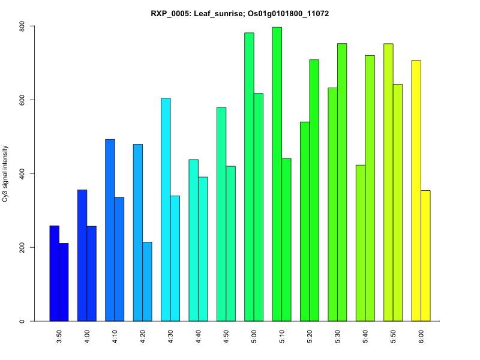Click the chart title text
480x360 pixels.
(x=239, y=13)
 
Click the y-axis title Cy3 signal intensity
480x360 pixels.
(x=5, y=173)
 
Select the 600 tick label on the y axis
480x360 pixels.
(x=22, y=100)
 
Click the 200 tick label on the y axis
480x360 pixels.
(x=22, y=247)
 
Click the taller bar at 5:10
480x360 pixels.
(x=277, y=174)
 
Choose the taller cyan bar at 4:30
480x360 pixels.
(x=166, y=209)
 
